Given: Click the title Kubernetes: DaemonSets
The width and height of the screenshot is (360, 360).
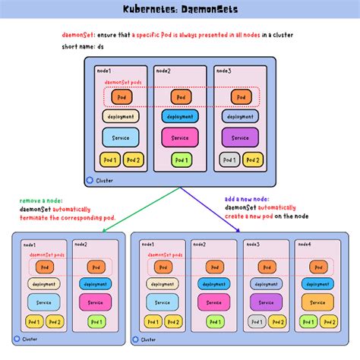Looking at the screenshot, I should point(179,10).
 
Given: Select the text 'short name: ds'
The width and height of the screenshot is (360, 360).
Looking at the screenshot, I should point(84,48).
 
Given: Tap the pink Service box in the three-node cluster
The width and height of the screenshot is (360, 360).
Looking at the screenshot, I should point(180,137).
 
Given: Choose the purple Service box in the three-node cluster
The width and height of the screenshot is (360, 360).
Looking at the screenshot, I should point(239,137).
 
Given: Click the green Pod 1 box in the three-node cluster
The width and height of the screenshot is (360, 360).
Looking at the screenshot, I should point(180,160).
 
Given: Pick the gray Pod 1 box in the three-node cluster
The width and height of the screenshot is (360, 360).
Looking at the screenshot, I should point(229,160).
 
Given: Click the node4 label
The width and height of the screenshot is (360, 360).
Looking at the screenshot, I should point(305,245).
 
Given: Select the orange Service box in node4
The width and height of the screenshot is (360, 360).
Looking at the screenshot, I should point(317,302).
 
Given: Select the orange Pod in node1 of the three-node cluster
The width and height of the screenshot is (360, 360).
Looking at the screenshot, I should point(122,97).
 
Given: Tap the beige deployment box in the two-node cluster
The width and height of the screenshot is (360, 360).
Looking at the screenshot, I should point(43,283).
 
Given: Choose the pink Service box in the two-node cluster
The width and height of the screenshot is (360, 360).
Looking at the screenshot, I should point(95,302).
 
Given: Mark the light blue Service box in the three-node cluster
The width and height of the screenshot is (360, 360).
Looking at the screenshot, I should point(121,137).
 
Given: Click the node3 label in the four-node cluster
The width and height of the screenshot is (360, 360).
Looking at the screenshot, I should point(253,245).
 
